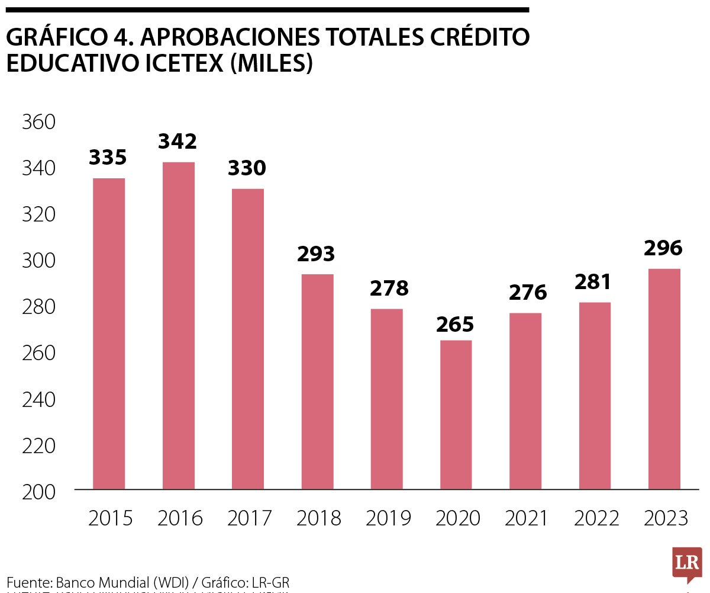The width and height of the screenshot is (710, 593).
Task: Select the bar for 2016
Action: [x=178, y=326]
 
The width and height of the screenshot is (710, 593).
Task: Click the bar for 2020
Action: [x=456, y=415]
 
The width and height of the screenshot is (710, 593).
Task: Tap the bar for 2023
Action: [x=664, y=379]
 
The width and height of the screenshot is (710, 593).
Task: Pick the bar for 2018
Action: [x=317, y=382]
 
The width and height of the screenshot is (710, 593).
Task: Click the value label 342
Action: [x=177, y=142]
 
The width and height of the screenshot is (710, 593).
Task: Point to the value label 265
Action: [x=456, y=325]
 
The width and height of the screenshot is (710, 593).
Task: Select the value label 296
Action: [x=664, y=248]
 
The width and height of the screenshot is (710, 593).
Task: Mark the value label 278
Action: [x=389, y=289]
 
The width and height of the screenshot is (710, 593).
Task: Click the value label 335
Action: [x=108, y=158]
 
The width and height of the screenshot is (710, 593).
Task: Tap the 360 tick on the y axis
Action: [x=38, y=123]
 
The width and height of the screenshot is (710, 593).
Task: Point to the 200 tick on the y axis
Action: [x=38, y=492]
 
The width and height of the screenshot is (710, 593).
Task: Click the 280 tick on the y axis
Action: [x=38, y=307]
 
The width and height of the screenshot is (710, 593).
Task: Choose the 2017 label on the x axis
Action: [x=249, y=519]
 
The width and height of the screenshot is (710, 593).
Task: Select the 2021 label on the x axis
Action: [x=527, y=519]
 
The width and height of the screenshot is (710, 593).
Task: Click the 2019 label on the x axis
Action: [x=388, y=519]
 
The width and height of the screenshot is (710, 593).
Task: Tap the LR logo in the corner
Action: [x=687, y=563]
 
